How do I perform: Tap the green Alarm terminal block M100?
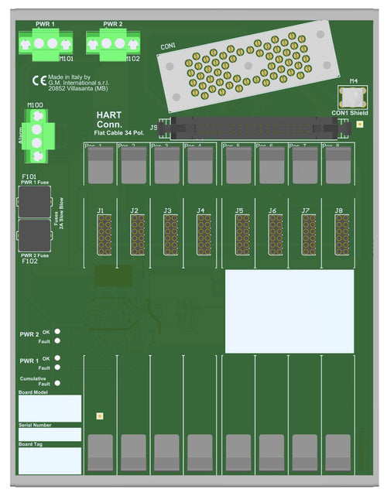(36, 135)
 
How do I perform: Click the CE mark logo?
(39, 80)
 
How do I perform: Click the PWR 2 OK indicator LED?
(58, 331)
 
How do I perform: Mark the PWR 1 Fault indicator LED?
(58, 368)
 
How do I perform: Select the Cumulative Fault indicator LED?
(58, 382)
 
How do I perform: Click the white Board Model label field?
(50, 408)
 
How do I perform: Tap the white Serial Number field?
(50, 435)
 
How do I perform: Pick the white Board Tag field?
(50, 460)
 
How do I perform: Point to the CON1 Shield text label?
(350, 113)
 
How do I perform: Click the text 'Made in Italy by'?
(70, 77)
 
